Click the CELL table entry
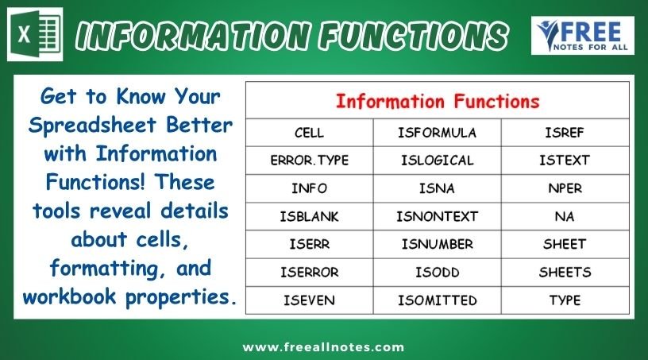click(309, 133)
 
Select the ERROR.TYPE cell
click(309, 161)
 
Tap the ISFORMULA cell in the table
click(438, 133)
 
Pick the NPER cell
click(565, 188)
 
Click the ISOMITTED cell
click(438, 300)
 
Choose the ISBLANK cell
click(309, 216)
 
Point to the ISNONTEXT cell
click(438, 216)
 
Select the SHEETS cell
click(565, 273)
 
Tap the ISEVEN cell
click(309, 300)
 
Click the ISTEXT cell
click(565, 161)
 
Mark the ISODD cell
click(438, 273)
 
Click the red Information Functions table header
click(438, 102)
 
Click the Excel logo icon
click(35, 34)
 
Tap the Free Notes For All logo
click(583, 36)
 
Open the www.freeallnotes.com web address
click(323, 346)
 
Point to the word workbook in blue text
click(69, 296)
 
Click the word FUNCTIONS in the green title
click(413, 36)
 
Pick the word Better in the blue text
click(199, 125)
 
